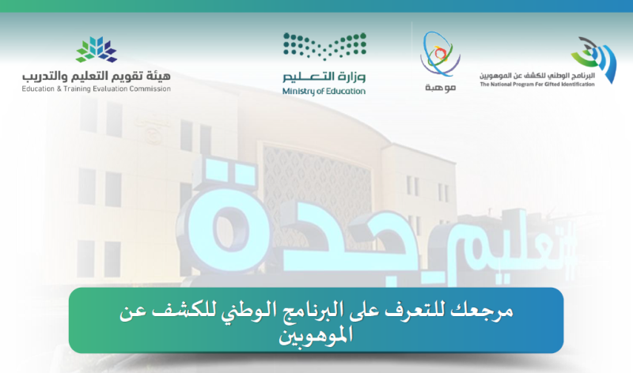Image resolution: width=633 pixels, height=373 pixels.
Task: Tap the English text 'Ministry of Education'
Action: click(x=324, y=92)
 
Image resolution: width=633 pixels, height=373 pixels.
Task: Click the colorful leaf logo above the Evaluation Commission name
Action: click(x=96, y=50)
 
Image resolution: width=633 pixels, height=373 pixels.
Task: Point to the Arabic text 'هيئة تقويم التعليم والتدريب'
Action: click(x=97, y=76)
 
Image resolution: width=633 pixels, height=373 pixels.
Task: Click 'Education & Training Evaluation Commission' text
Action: click(x=97, y=89)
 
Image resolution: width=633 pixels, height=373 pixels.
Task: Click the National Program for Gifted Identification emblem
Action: click(x=594, y=58)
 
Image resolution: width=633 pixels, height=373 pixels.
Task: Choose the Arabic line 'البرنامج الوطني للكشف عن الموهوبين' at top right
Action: click(x=537, y=73)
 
